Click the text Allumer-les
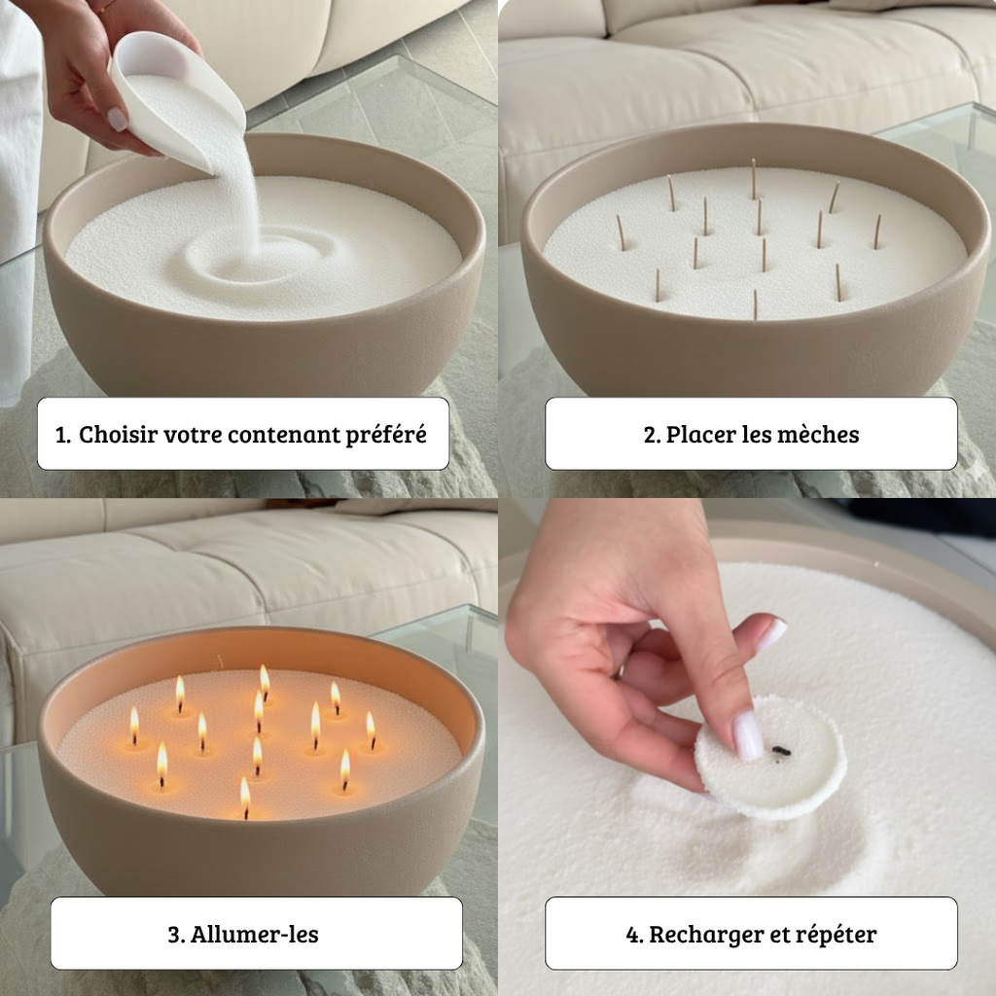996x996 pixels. pos(255,935)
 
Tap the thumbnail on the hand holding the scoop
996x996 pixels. pos(117,119)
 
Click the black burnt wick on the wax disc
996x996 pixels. pos(781,752)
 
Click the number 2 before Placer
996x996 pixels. pos(652,435)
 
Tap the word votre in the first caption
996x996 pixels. pos(193,436)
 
